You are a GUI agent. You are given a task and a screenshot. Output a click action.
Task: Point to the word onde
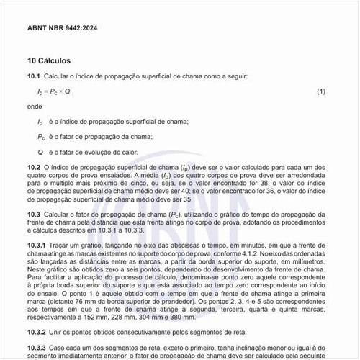coord(35,106)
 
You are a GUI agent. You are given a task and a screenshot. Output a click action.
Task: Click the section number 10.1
coord(33,76)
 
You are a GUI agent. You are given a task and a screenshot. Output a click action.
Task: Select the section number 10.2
coord(33,166)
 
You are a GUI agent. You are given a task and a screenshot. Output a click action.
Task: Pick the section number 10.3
coord(33,215)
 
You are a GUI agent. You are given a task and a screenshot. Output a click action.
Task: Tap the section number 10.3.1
coord(36,246)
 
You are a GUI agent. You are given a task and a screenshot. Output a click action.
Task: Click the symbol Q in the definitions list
coord(40,152)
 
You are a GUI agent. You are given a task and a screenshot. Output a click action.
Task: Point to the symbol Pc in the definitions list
coord(42,136)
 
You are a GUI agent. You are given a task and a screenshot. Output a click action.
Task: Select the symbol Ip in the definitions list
coord(40,122)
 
